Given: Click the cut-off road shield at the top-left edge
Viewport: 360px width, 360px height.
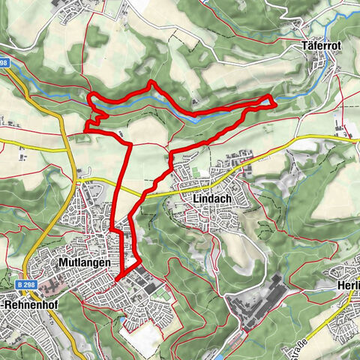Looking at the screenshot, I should pyautogui.click(x=4, y=63).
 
